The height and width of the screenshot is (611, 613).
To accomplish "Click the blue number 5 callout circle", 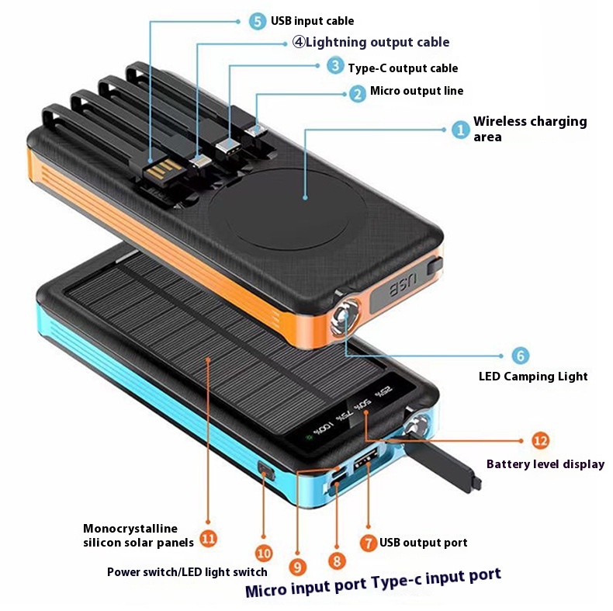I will [x=258, y=21].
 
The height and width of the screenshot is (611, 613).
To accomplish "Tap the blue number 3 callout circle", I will [x=334, y=66].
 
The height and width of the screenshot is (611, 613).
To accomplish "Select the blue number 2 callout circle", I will [x=357, y=93].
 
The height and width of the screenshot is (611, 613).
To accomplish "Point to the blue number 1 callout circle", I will [x=461, y=129].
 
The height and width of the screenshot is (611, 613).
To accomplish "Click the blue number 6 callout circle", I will [x=521, y=356].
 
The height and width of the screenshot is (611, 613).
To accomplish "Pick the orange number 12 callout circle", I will [x=541, y=440].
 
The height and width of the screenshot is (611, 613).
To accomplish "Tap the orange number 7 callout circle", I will [x=369, y=542].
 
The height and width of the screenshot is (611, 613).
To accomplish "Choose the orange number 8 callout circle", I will [x=335, y=559].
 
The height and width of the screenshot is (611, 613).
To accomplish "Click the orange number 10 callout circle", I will [x=264, y=554].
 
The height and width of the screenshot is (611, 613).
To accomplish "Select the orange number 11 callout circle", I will [x=207, y=537].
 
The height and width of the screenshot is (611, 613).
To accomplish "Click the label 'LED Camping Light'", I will [x=532, y=377].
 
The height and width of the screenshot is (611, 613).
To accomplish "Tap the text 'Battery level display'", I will [x=545, y=464].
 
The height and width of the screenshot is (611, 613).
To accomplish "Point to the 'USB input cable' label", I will [x=312, y=21].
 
